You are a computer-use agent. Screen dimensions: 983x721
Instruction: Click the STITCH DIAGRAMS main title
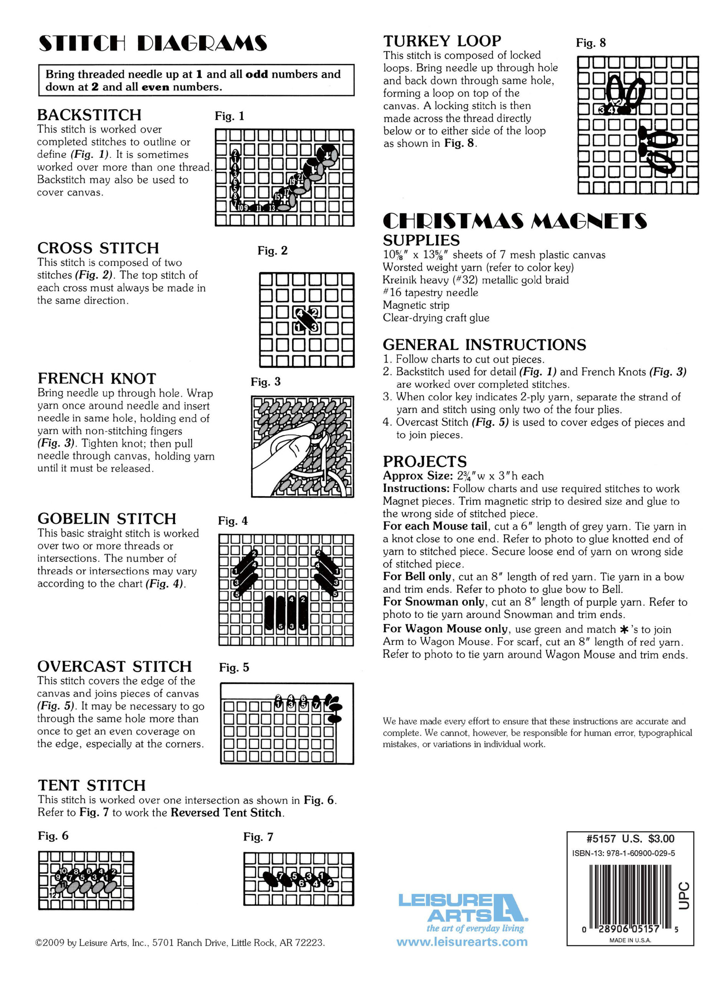point(153,44)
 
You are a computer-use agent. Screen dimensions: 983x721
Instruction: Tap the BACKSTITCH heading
point(89,115)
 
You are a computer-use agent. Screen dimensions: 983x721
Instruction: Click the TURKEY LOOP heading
point(442,41)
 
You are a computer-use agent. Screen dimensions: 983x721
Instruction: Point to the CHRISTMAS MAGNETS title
point(514,221)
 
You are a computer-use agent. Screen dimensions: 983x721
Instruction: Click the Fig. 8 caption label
point(590,43)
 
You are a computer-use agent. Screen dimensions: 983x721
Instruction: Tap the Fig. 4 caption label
point(233,521)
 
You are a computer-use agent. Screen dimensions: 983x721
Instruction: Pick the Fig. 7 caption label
point(258,837)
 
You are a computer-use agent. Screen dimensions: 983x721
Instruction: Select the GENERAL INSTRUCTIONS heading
point(485,345)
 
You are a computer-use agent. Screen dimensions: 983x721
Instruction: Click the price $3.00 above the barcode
point(661,839)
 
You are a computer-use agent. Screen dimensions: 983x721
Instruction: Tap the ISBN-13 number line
point(623,853)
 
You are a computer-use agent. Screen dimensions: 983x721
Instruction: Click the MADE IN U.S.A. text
point(630,940)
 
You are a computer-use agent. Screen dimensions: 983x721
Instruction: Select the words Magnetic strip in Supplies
point(416,305)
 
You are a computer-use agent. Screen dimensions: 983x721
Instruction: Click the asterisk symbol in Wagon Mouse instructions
point(624,629)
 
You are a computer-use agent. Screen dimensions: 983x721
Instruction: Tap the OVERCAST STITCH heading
point(114,667)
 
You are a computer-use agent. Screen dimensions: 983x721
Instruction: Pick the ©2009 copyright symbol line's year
point(51,943)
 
